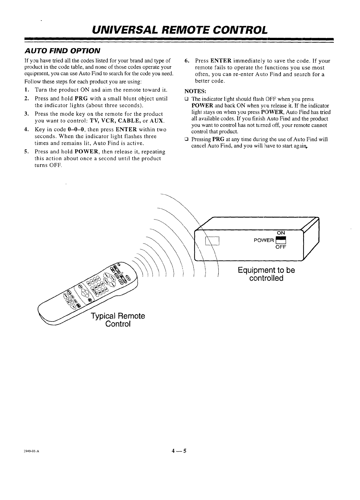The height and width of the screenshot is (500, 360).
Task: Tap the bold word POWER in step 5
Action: [x=87, y=152]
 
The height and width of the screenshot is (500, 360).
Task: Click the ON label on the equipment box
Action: [x=281, y=233]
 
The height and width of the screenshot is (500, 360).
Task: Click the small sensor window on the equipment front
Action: [x=213, y=240]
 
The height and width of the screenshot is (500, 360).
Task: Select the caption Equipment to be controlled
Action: [x=266, y=274]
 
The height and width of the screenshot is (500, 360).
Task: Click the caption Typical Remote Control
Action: [x=118, y=320]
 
